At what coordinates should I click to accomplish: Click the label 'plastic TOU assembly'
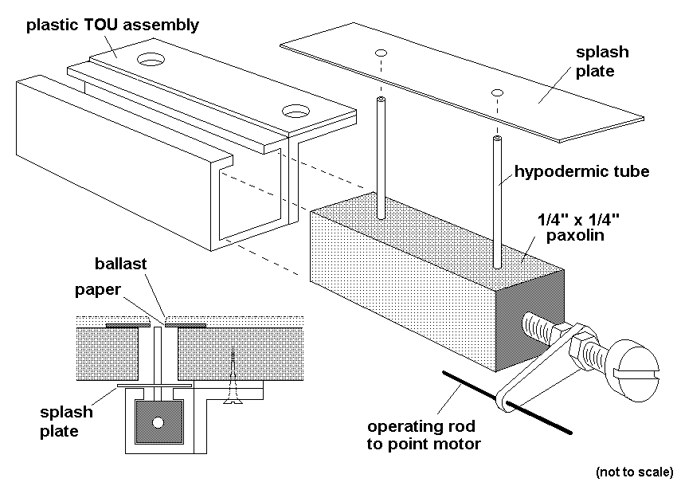coord(112,25)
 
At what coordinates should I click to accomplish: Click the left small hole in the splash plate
coord(382,53)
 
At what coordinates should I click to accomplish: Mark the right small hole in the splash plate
coord(498,92)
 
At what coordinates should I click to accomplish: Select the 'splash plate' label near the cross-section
coord(67,421)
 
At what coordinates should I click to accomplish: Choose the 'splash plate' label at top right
coord(602,61)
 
